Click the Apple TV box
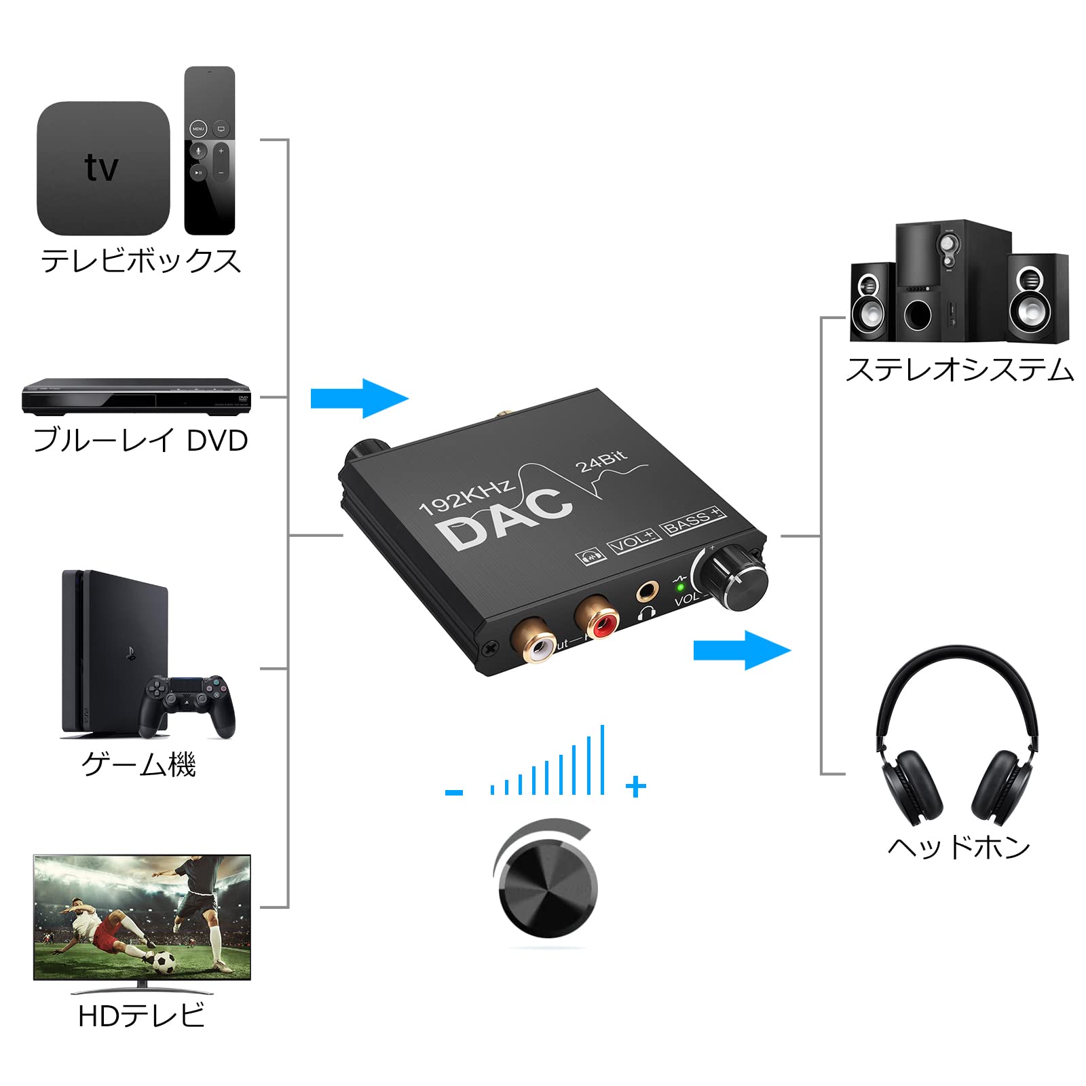(x=102, y=168)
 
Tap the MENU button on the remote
(x=198, y=128)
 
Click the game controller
(x=187, y=706)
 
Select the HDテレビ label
(x=141, y=1016)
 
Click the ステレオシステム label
(x=959, y=371)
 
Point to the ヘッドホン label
(x=958, y=847)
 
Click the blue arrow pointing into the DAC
(x=359, y=398)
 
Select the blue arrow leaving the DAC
(x=742, y=650)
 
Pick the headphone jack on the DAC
(x=647, y=591)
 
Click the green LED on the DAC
(x=680, y=586)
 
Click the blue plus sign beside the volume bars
(x=635, y=787)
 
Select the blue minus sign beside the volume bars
(x=454, y=792)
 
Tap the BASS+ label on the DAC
(x=692, y=521)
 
